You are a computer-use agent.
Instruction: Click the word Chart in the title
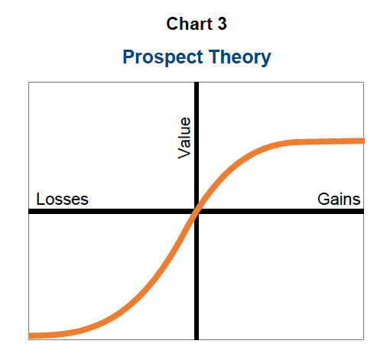(x=189, y=24)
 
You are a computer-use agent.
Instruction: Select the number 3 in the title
(x=222, y=24)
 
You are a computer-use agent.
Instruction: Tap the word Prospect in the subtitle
(x=163, y=57)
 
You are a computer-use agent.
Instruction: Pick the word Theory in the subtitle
(x=239, y=57)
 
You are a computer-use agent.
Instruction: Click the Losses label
(x=62, y=199)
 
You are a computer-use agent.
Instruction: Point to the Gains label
(x=339, y=199)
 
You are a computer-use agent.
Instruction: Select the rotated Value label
(x=184, y=138)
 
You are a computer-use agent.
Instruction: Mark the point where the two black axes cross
(x=197, y=211)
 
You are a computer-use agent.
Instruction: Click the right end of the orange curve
(x=364, y=141)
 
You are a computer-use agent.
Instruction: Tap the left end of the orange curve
(x=29, y=336)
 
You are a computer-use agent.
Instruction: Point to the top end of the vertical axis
(x=197, y=83)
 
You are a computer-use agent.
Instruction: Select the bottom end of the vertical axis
(x=197, y=339)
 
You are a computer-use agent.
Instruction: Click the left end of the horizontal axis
(x=29, y=211)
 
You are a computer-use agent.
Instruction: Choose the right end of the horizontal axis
(x=363, y=211)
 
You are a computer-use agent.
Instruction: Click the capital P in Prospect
(x=128, y=57)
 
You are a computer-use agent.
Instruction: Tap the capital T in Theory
(x=215, y=57)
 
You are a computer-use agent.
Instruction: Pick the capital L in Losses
(x=40, y=199)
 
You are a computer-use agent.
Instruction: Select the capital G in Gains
(x=323, y=199)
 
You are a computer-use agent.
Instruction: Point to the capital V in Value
(x=184, y=153)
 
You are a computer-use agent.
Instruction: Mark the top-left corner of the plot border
(x=28, y=82)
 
